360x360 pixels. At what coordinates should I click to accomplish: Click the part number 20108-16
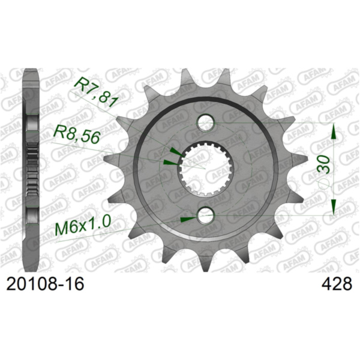43,283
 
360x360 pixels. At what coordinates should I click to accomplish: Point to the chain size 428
338,283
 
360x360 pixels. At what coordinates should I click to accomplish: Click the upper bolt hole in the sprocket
206,123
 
